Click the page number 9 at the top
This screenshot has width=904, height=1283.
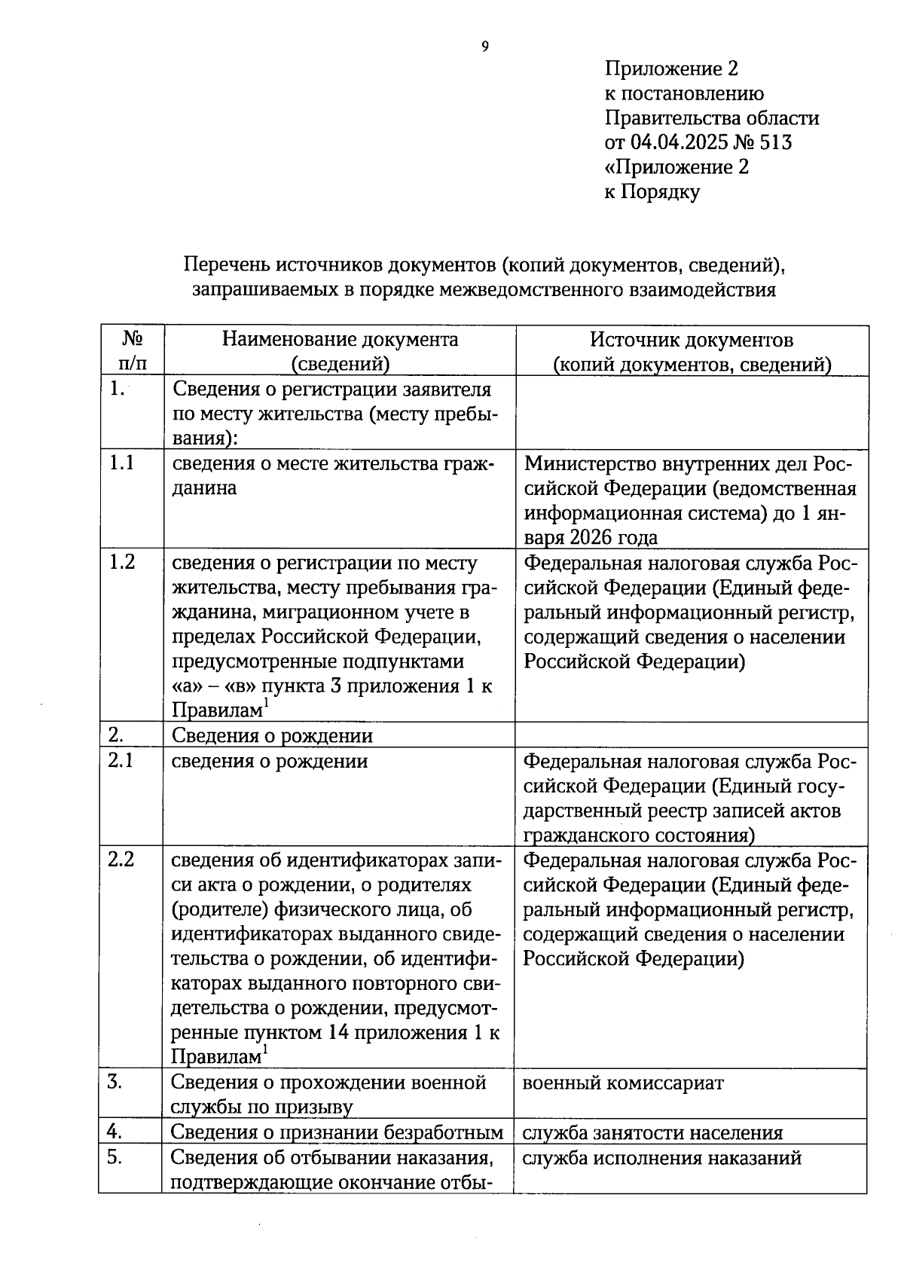[484, 47]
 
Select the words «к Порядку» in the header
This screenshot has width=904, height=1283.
[652, 192]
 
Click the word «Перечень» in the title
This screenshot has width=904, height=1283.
[226, 265]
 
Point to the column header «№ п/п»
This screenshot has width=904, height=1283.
[132, 351]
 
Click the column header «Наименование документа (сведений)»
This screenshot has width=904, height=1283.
[340, 351]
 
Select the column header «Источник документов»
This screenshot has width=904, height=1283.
[691, 340]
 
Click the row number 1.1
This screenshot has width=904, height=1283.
[121, 463]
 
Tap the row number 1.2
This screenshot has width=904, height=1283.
[121, 561]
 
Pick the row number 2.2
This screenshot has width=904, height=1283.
[121, 859]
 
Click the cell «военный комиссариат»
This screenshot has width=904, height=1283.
[623, 1083]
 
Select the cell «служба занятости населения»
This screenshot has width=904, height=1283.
[652, 1132]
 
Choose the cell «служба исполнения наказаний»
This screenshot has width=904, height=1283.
[661, 1158]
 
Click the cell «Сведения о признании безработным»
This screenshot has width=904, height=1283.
[337, 1132]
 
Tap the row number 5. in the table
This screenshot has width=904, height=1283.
[115, 1157]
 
